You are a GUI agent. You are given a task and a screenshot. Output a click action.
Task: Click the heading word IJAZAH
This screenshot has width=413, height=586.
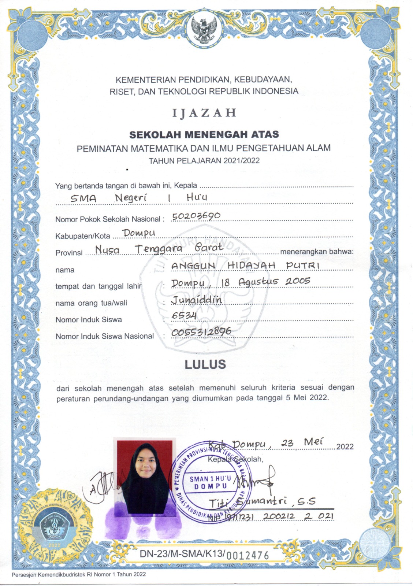click(204, 113)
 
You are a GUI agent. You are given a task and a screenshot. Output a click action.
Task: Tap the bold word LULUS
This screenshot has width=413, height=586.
click(205, 364)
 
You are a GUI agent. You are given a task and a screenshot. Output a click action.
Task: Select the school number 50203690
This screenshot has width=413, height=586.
click(196, 216)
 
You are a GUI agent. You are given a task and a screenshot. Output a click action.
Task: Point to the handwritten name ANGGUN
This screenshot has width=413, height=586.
click(193, 266)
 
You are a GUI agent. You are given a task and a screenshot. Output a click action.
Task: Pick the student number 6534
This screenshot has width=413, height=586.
click(184, 316)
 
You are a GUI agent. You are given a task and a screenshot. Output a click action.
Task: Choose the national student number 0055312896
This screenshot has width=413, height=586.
click(201, 332)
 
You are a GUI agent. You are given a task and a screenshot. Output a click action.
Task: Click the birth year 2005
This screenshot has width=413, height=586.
click(298, 281)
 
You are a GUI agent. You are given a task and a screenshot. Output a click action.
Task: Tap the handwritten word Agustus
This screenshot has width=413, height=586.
click(258, 282)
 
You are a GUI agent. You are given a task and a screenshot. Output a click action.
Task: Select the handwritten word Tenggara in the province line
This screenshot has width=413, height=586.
click(158, 249)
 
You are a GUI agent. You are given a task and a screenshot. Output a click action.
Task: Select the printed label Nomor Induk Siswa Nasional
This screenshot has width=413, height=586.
click(105, 336)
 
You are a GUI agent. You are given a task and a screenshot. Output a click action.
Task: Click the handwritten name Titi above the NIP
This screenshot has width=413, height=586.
click(218, 504)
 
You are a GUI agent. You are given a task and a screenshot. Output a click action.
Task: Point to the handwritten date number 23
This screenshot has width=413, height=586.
click(287, 444)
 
